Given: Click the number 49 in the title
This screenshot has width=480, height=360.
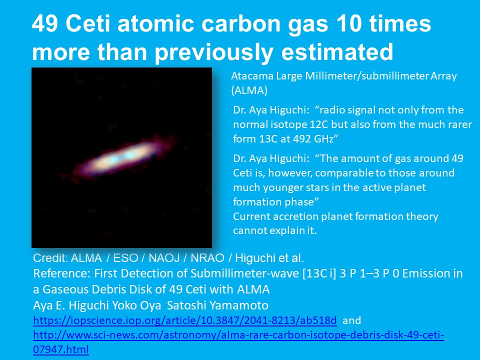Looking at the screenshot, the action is pyautogui.click(x=44, y=23).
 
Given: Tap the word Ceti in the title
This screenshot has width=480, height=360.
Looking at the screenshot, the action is pyautogui.click(x=88, y=23).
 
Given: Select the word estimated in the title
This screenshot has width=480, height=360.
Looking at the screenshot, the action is pyautogui.click(x=337, y=51).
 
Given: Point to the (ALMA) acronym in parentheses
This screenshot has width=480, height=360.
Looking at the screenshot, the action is pyautogui.click(x=249, y=90).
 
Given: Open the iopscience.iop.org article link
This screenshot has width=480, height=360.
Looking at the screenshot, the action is pyautogui.click(x=185, y=320).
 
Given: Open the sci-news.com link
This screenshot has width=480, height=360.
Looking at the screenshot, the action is pyautogui.click(x=238, y=342).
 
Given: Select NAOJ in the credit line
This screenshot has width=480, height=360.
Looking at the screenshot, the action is pyautogui.click(x=164, y=258).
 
